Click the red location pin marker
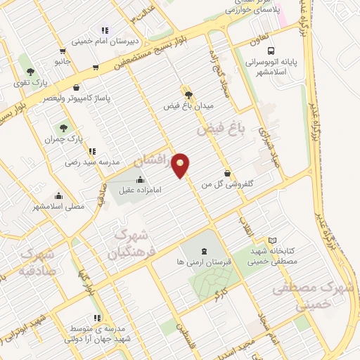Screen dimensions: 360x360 pyautogui.click(x=181, y=165)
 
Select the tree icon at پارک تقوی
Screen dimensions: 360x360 pyautogui.click(x=30, y=72)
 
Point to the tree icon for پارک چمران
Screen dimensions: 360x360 pyautogui.click(x=64, y=129)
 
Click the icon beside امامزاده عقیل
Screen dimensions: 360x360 pyautogui.click(x=140, y=179)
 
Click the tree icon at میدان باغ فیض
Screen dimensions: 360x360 pyautogui.click(x=188, y=94)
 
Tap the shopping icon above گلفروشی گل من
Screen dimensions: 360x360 pyautogui.click(x=227, y=173)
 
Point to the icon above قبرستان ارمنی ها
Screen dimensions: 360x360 pyautogui.click(x=205, y=251)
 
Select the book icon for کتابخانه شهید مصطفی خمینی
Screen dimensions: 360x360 pyautogui.click(x=273, y=240)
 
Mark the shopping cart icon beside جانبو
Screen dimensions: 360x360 pyautogui.click(x=63, y=51)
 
